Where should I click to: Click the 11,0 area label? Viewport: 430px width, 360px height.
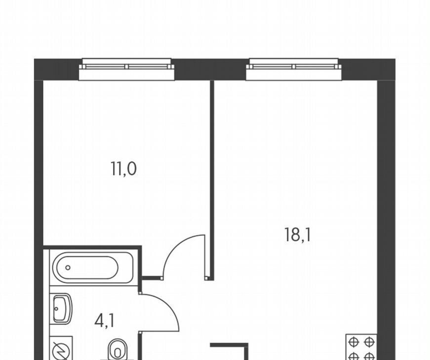(x=123, y=169)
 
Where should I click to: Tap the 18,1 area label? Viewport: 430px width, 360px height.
(x=298, y=235)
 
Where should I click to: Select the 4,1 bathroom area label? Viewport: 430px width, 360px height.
(x=104, y=321)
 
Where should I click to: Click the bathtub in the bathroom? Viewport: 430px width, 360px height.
(x=93, y=267)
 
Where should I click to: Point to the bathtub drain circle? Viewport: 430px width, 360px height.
(x=68, y=268)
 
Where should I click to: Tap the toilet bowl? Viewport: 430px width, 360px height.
(x=118, y=350)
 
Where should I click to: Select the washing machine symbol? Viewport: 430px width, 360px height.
(x=61, y=348)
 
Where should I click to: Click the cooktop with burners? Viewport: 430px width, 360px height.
(x=361, y=347)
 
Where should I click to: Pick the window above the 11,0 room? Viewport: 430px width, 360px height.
(x=127, y=70)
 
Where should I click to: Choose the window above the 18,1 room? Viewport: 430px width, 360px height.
(x=293, y=70)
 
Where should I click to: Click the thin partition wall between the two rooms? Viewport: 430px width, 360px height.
(x=212, y=180)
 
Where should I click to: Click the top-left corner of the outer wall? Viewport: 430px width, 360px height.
(x=34, y=59)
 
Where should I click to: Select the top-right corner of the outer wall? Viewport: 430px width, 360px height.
(x=395, y=59)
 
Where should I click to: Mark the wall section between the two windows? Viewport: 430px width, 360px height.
(x=210, y=70)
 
